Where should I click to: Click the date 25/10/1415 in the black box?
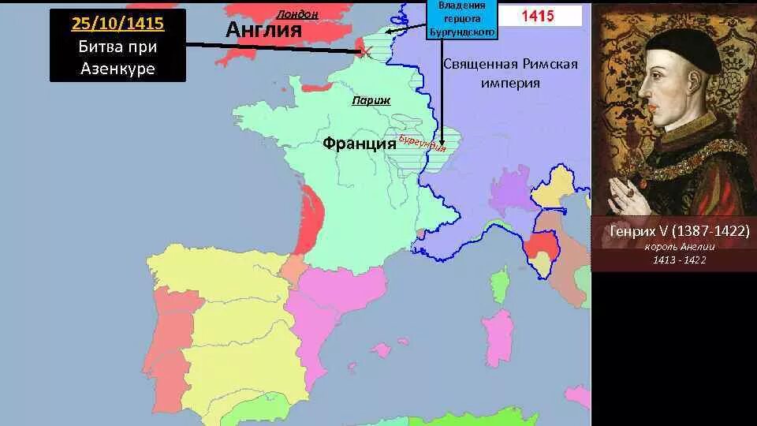tap(117, 23)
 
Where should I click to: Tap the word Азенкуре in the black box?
tap(117, 69)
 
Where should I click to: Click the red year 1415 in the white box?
tap(539, 15)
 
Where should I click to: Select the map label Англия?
tap(264, 30)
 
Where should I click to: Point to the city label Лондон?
tap(297, 13)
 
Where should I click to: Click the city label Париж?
tap(371, 101)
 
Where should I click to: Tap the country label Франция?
tap(359, 144)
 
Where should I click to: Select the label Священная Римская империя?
tap(511, 73)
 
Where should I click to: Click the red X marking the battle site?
tap(366, 52)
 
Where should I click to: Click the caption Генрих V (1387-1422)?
tap(673, 232)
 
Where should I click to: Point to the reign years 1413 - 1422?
tap(673, 260)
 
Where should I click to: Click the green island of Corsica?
tap(499, 283)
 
